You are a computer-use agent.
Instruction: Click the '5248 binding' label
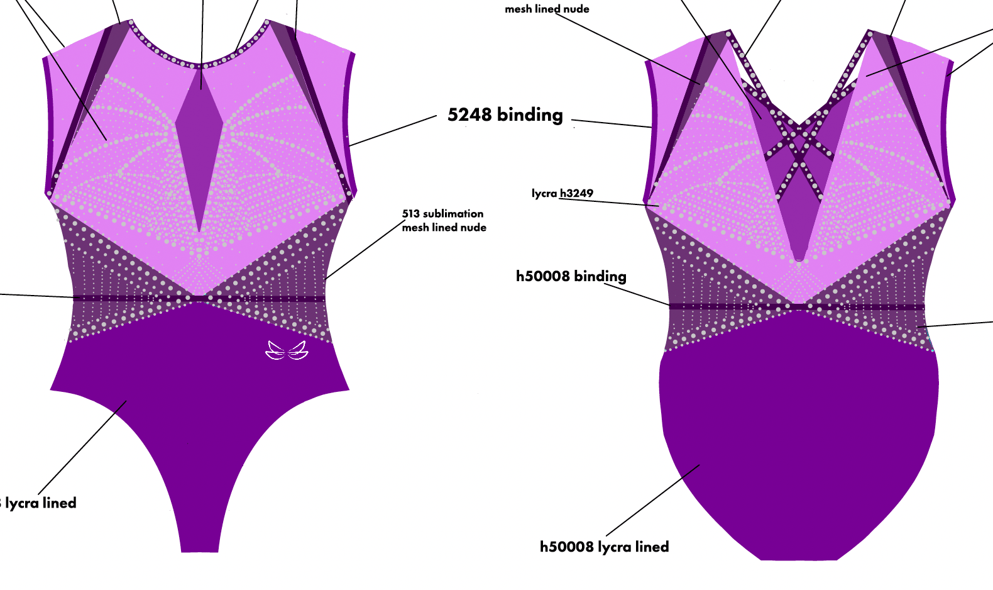pos(505,115)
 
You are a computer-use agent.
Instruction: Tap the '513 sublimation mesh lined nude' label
pos(444,221)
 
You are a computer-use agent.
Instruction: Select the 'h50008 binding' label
pos(571,276)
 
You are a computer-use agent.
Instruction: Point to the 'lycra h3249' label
pos(562,193)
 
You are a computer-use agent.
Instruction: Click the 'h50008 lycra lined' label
pos(604,547)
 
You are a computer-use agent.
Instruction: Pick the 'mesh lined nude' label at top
pos(547,9)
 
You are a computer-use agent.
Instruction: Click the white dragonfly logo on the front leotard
pos(287,350)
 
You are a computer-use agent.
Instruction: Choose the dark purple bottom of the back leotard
pos(798,440)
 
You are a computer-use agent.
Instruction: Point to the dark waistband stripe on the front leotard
pos(126,299)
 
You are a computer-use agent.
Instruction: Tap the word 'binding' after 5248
pos(530,115)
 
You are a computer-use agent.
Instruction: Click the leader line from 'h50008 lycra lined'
pos(654,500)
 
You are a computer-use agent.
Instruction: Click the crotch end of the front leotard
pos(199,547)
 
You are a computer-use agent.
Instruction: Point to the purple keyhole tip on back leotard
pos(799,255)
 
